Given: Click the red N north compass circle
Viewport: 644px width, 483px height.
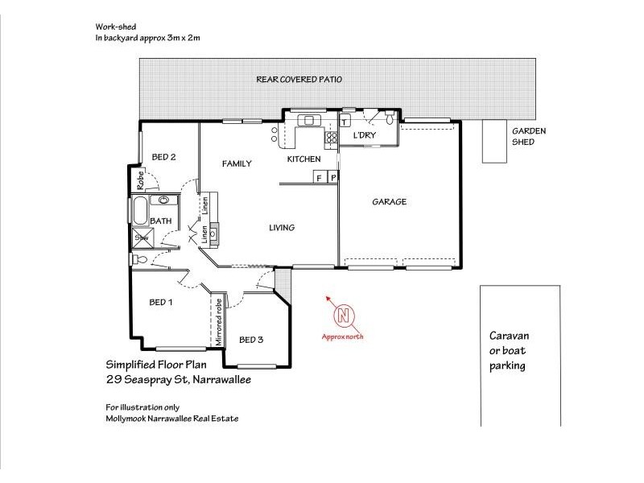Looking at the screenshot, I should pos(344,315).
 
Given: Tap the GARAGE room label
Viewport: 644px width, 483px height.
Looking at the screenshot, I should pos(389,202).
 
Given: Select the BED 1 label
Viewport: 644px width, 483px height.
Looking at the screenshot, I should pos(161,303).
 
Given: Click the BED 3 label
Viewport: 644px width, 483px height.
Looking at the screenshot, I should pos(251,340).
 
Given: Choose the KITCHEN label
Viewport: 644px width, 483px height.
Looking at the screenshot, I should pos(304,159).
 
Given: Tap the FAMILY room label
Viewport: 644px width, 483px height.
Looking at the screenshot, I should pos(237,164).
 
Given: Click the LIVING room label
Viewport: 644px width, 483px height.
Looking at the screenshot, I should pos(281,228).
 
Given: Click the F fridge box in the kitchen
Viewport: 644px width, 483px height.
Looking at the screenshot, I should pos(319,177).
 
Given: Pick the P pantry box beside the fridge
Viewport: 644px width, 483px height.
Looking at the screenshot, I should pos(332,177).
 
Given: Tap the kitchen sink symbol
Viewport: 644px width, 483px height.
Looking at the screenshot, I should pos(309,121).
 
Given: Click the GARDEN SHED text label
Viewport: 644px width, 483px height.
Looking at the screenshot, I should pos(529,136).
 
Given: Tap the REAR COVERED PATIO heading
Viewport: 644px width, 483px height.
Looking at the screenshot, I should pos(299,80).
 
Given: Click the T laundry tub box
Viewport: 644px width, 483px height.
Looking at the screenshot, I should pos(345,122).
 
